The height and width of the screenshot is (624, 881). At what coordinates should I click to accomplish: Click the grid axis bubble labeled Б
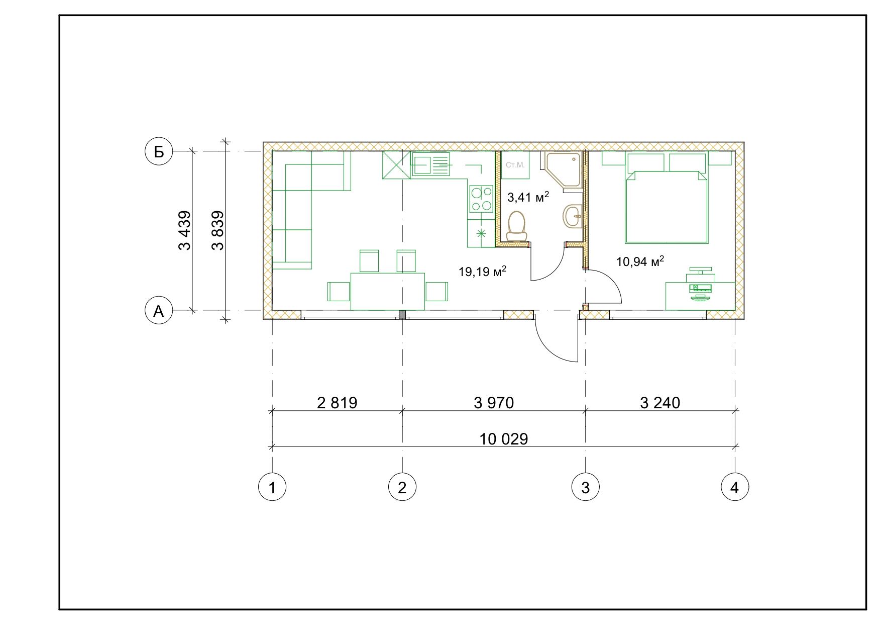[159, 151]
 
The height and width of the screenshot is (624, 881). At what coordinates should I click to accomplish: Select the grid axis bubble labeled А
[159, 311]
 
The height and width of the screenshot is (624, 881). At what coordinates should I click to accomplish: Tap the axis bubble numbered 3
[586, 487]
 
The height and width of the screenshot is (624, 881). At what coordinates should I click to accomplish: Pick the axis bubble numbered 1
[272, 487]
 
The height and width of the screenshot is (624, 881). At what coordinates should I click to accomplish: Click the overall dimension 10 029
[504, 439]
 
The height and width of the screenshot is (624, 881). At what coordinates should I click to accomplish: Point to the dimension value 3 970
[494, 402]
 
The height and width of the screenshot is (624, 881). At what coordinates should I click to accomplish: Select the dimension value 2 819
[337, 402]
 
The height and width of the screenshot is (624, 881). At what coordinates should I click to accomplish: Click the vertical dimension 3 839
[217, 230]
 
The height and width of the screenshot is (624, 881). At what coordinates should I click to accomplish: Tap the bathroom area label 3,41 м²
[528, 197]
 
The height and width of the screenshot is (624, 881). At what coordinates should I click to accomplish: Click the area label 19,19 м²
[482, 272]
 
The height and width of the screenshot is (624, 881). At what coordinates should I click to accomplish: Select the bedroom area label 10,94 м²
[640, 261]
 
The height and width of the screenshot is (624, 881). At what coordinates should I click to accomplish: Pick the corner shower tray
[562, 170]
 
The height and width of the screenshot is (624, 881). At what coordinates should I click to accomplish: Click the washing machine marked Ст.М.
[515, 165]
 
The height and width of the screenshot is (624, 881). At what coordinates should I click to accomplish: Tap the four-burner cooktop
[481, 199]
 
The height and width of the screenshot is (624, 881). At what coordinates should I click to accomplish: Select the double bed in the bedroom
[667, 199]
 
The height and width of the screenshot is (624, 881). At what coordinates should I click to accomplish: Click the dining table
[388, 292]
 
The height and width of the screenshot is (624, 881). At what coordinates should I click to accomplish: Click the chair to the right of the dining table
[436, 292]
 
